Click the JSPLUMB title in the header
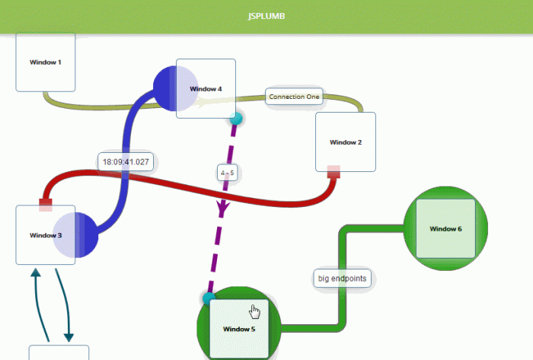(x=266, y=16)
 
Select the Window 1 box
(x=46, y=62)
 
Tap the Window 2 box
(x=346, y=142)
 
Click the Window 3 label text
(x=46, y=235)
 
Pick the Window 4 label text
(x=206, y=89)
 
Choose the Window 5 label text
(x=239, y=329)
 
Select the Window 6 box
(x=445, y=228)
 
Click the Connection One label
(x=294, y=97)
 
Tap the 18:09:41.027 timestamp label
(x=126, y=162)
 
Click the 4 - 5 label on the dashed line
(x=227, y=173)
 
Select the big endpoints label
(x=342, y=279)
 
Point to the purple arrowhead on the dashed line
(x=222, y=209)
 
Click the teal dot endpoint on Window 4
(x=236, y=119)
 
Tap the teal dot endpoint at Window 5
(x=209, y=298)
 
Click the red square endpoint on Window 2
(x=334, y=172)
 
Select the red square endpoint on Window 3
(x=46, y=205)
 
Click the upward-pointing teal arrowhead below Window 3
(x=36, y=272)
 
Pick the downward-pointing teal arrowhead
(x=69, y=337)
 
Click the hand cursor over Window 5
(x=254, y=311)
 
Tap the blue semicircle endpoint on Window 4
(x=164, y=88)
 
